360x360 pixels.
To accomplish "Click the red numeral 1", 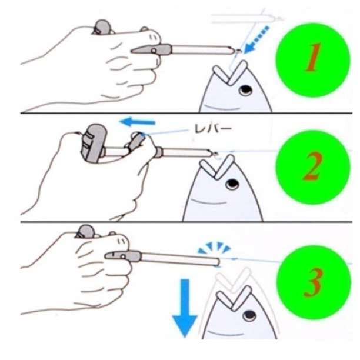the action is [313, 58].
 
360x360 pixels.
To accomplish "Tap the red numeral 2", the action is [312, 166].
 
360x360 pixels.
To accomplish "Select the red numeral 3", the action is [314, 282].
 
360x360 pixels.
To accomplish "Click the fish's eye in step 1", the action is [245, 90].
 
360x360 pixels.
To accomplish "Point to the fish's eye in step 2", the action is [232, 184].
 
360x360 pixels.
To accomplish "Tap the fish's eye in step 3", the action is [249, 316].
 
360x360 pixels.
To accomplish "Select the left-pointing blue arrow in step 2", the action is [138, 121].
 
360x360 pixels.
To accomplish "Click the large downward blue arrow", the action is [185, 308].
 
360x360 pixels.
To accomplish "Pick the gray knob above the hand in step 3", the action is [85, 231].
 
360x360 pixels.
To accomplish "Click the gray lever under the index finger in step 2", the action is [136, 141].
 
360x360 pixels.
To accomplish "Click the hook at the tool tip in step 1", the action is [238, 51].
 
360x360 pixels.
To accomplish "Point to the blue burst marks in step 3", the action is [214, 248].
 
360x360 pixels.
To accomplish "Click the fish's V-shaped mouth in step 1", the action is [230, 72].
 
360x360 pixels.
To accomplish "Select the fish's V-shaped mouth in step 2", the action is [217, 167].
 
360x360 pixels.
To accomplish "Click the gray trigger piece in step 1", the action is [152, 49].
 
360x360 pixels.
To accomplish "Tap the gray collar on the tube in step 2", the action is [159, 152].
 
